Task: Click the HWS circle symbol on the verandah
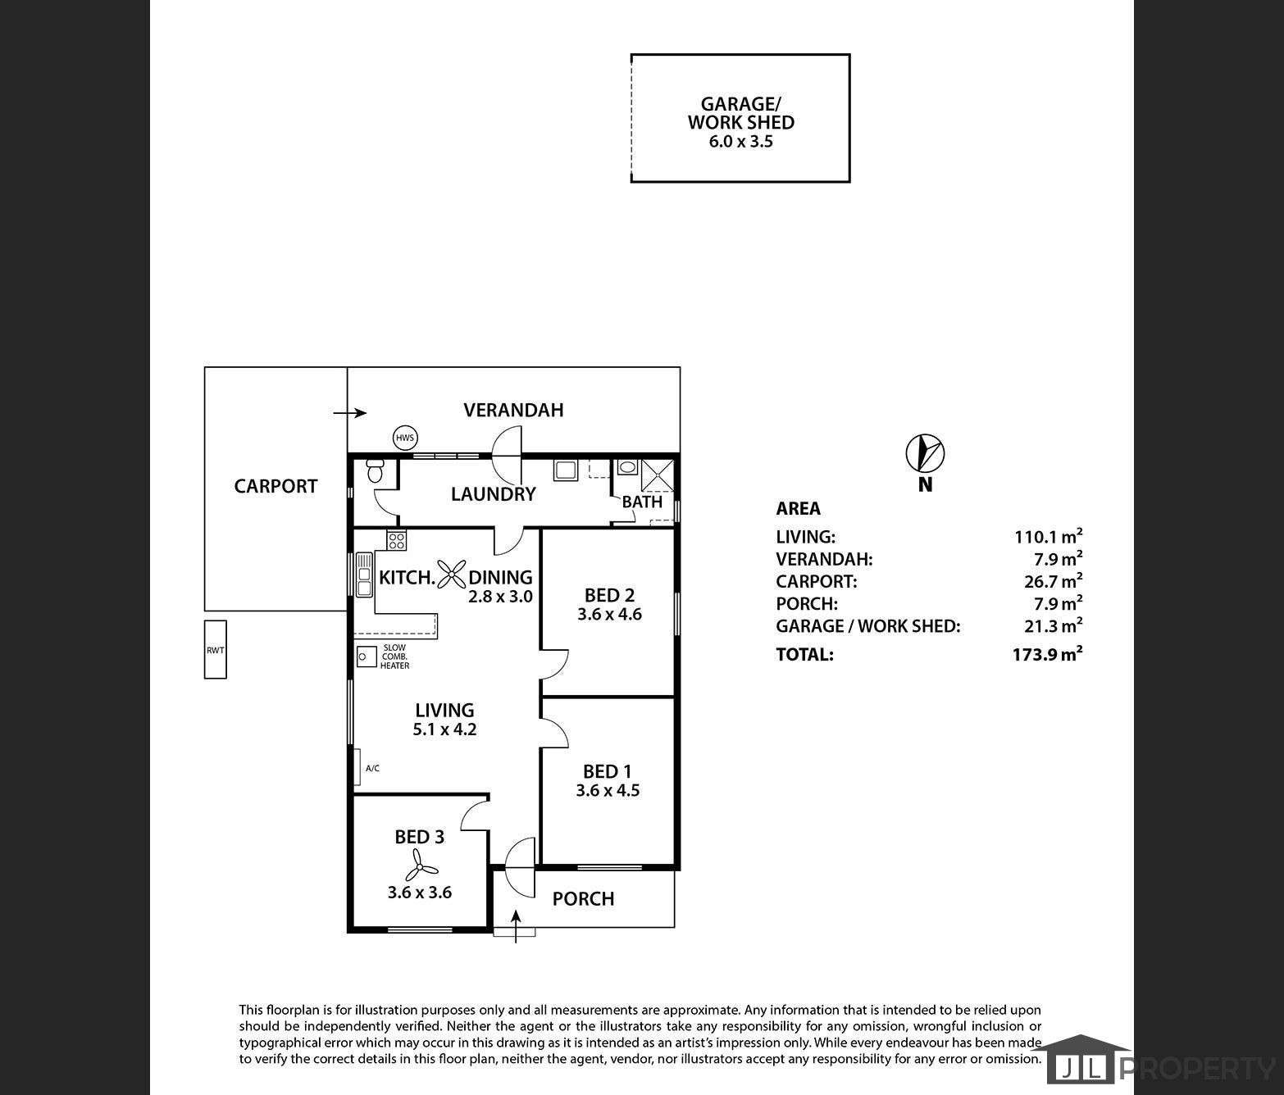tap(405, 438)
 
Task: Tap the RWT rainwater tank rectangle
tap(216, 650)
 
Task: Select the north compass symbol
tap(925, 452)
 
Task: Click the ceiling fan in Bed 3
tap(420, 865)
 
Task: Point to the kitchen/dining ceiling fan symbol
tap(452, 574)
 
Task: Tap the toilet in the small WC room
tap(375, 470)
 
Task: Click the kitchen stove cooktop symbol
tap(396, 540)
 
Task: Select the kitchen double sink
tap(364, 575)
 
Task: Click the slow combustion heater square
tap(367, 657)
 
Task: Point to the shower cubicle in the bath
tap(658, 475)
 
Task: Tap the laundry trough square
tap(565, 470)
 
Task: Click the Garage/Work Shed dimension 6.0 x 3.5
tap(740, 142)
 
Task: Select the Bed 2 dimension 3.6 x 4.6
tap(609, 614)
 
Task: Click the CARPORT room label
tap(275, 486)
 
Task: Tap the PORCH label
tap(583, 899)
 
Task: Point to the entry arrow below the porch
tap(516, 927)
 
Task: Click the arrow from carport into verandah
tap(350, 413)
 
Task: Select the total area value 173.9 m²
tap(1047, 653)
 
